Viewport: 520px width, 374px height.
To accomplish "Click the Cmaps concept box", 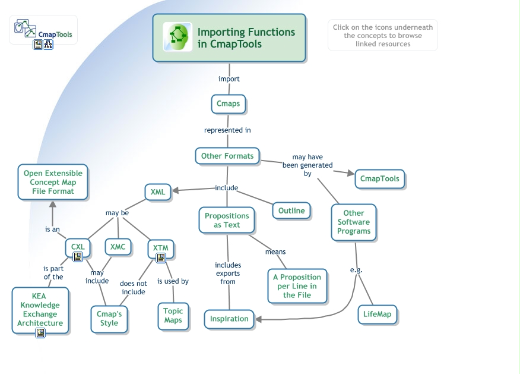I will point(229,103).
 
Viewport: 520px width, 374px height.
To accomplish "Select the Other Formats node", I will point(227,156).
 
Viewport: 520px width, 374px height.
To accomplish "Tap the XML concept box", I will point(158,192).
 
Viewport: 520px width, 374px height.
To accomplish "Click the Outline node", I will point(291,210).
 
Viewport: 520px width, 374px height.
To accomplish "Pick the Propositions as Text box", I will point(227,220).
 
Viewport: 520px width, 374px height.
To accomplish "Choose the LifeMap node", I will point(378,314).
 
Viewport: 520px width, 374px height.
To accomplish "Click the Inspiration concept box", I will point(229,319).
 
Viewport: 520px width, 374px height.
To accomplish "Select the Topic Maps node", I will point(173,316).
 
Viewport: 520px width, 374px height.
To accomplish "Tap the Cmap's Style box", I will point(109,319).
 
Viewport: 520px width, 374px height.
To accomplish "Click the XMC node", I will point(118,247).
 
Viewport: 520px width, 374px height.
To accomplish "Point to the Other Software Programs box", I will point(354,222).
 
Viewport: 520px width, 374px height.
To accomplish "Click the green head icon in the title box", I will point(177,37).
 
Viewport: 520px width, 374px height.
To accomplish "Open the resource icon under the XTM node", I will point(160,258).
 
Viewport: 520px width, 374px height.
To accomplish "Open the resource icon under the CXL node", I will point(78,257).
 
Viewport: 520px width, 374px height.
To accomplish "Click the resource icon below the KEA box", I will point(40,333).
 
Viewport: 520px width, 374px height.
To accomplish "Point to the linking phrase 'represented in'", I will point(227,130).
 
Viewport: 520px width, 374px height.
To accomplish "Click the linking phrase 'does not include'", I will point(134,288).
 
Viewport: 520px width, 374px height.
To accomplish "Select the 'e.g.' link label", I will point(356,270).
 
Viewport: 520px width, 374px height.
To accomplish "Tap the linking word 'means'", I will point(275,252).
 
